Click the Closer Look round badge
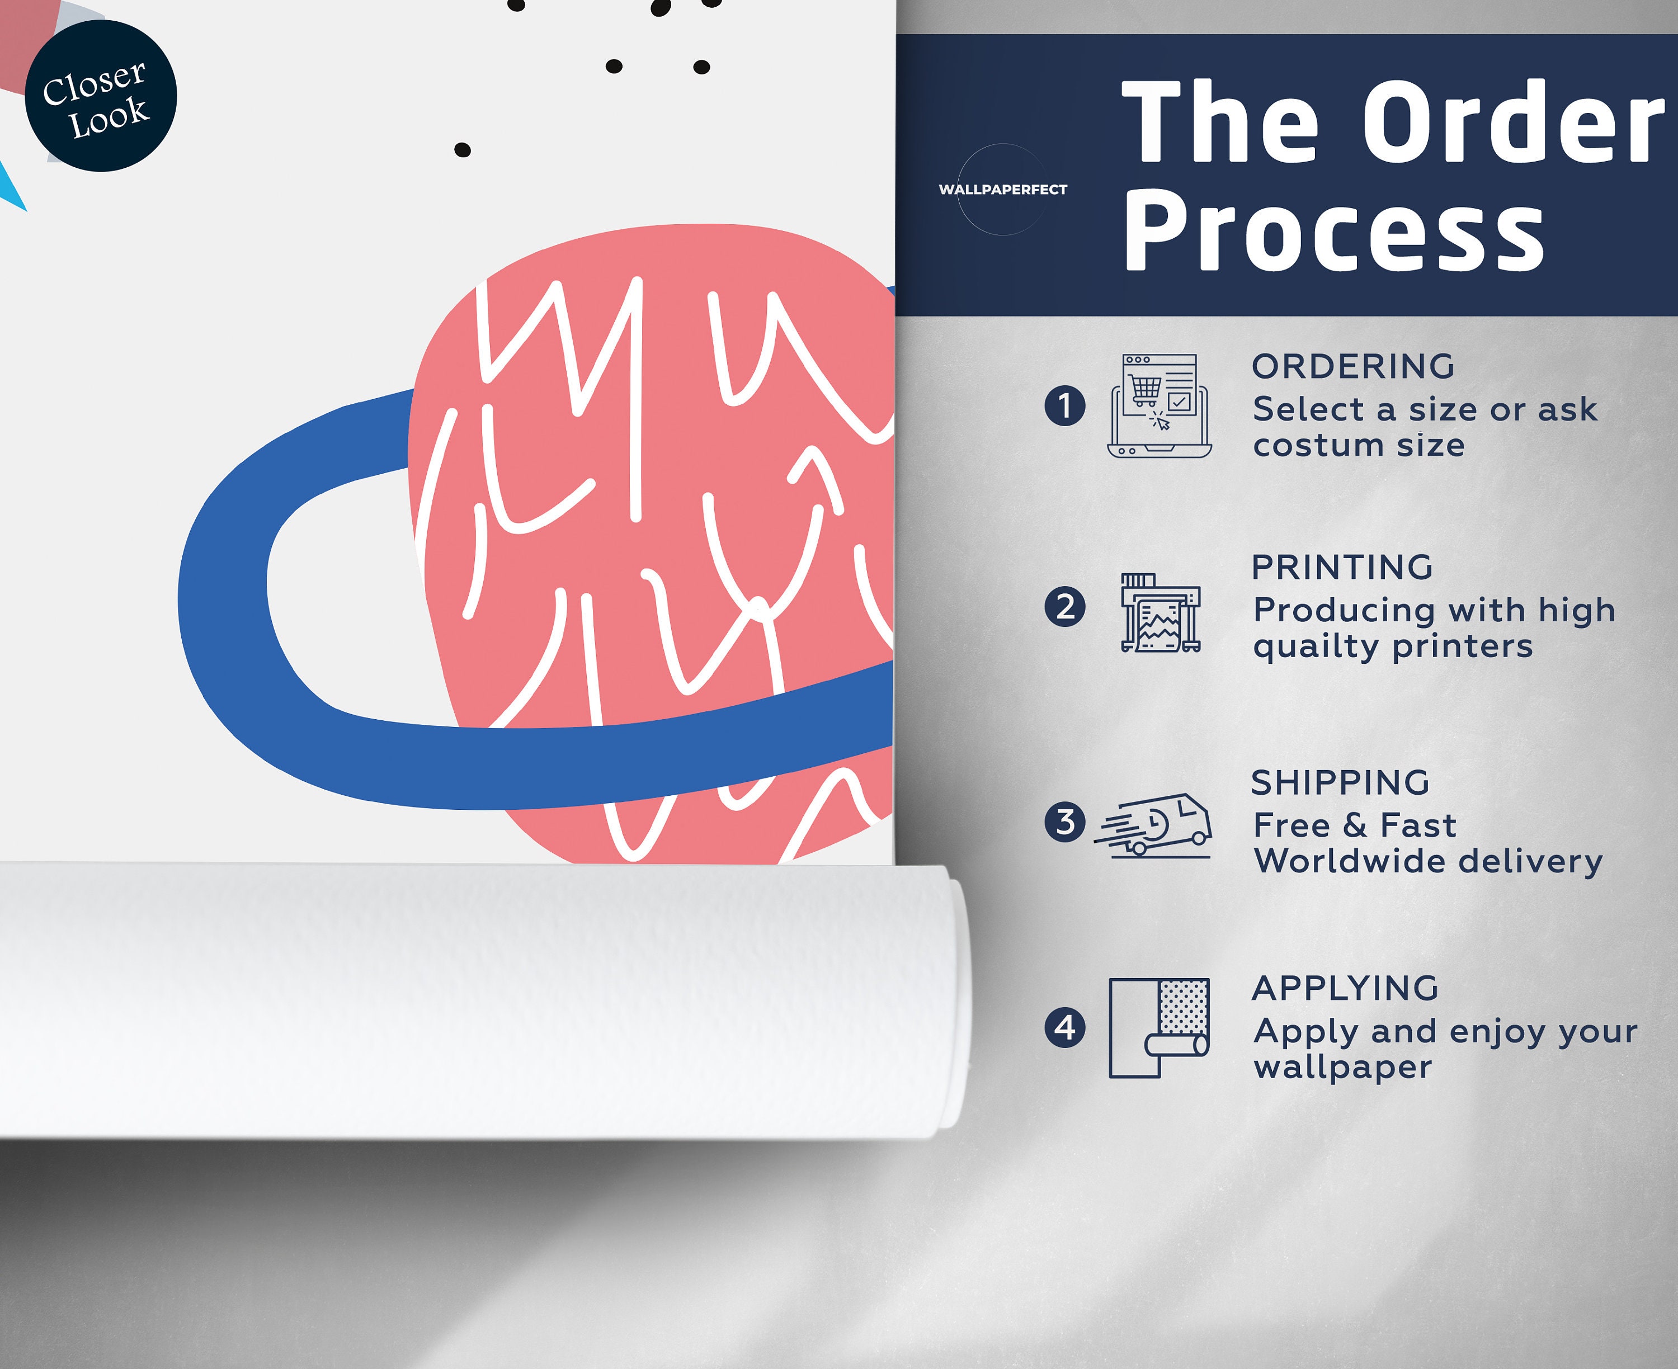(x=101, y=96)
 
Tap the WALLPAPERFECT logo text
(x=1002, y=189)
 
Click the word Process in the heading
(x=1333, y=230)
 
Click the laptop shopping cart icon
(x=1159, y=405)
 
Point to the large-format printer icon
(x=1161, y=613)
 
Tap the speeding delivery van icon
(x=1153, y=825)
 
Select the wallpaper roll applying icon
(x=1159, y=1027)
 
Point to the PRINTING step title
(x=1342, y=567)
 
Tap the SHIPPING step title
(x=1341, y=782)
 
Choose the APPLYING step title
(x=1345, y=988)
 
